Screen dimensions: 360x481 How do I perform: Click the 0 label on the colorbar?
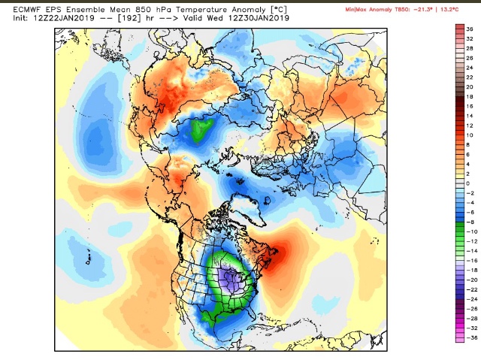[x=467, y=183]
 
